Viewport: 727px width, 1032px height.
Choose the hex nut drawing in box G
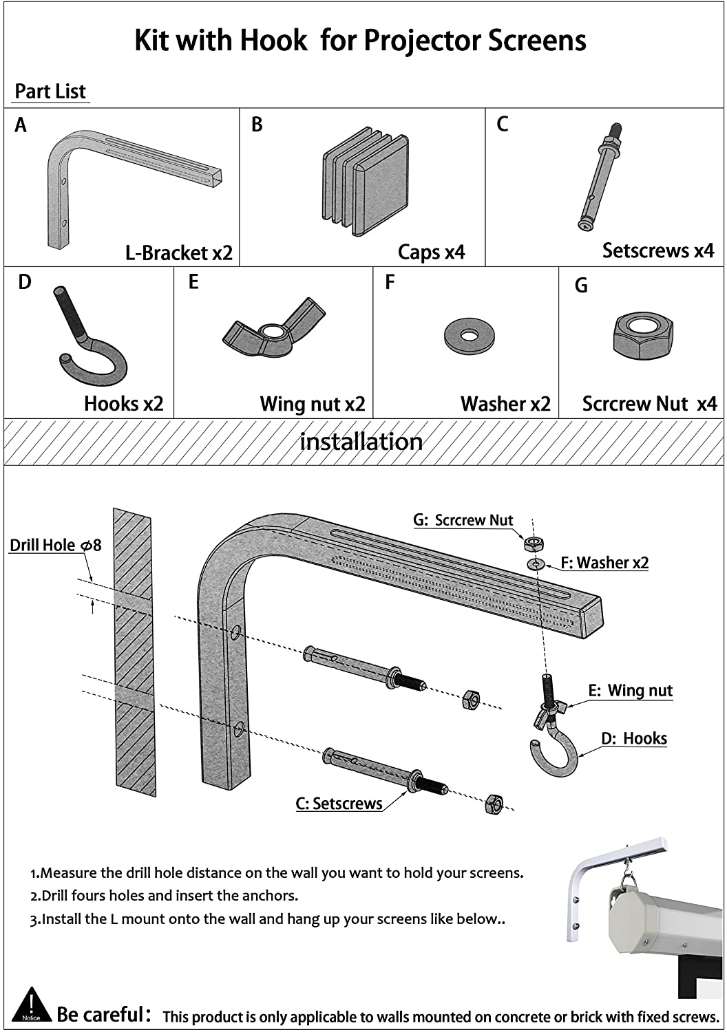(642, 332)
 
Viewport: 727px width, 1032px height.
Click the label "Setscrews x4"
(657, 250)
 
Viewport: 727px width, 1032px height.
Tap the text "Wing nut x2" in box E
(312, 404)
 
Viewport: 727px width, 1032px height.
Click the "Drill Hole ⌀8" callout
(55, 546)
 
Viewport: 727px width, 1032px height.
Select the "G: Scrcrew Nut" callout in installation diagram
(463, 520)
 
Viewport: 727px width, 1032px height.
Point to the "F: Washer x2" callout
(604, 563)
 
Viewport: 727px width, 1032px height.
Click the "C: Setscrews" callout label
(339, 804)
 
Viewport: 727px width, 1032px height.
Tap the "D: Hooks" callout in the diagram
(633, 739)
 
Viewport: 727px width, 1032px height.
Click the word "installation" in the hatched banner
(361, 442)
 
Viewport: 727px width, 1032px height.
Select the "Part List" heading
(50, 92)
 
